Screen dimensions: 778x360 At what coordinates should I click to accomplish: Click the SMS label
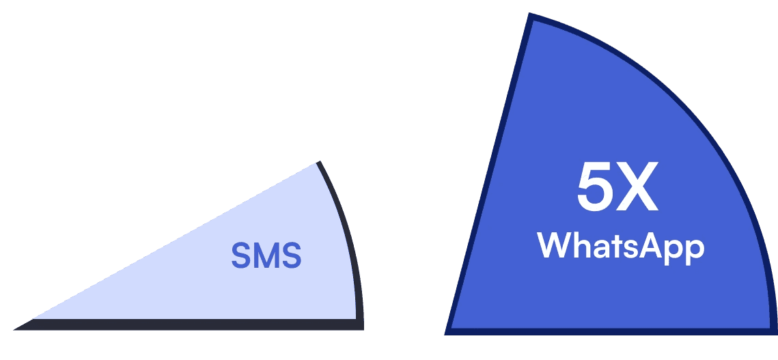point(266,256)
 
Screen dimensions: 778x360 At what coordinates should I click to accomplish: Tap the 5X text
point(617,189)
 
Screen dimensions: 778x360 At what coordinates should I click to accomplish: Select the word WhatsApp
point(620,246)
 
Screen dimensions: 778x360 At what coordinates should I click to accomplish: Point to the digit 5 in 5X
point(594,189)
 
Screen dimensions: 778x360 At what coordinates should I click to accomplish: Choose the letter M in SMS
point(266,256)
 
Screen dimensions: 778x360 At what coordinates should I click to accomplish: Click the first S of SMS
point(241,256)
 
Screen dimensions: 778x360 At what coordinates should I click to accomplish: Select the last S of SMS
point(291,256)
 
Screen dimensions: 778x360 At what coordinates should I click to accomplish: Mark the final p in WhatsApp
point(694,249)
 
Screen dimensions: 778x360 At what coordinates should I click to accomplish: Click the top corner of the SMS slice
point(317,163)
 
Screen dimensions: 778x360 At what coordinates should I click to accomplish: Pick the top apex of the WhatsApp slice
point(531,17)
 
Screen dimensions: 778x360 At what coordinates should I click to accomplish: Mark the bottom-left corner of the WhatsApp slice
point(449,332)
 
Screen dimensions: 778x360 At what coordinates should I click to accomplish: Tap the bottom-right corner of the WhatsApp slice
point(774,331)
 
